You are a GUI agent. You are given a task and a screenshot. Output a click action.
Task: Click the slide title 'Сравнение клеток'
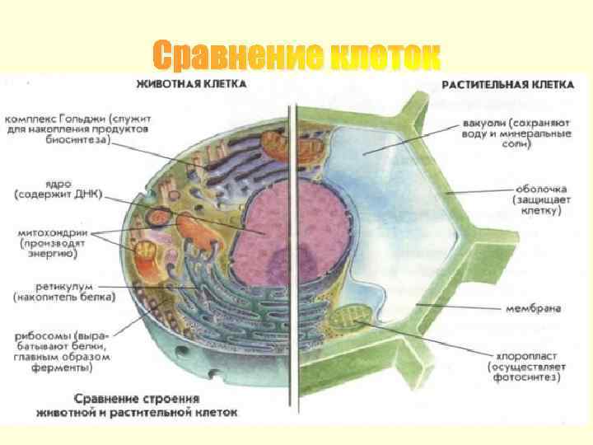pyautogui.click(x=296, y=57)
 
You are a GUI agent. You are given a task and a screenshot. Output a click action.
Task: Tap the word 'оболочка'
pyautogui.click(x=535, y=186)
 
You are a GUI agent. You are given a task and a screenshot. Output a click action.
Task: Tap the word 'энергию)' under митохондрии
pyautogui.click(x=50, y=255)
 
